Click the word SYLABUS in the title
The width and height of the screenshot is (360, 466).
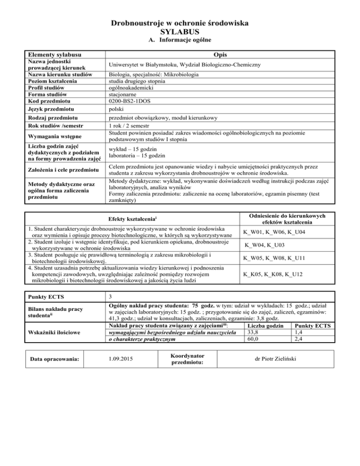(180, 31)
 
